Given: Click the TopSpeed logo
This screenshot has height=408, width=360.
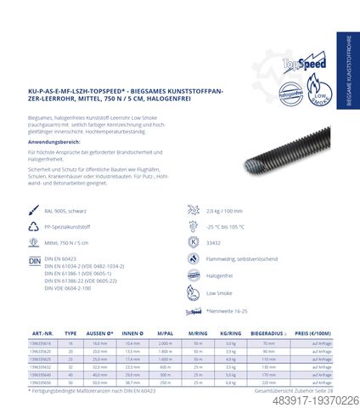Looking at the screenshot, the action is pos(287,65).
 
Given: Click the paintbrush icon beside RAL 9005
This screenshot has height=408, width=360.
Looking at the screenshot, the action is pos(35,207).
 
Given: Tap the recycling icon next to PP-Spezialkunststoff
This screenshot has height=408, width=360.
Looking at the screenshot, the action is pos(35,224).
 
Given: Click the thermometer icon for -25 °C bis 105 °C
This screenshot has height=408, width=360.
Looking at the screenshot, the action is pos(191,224).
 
